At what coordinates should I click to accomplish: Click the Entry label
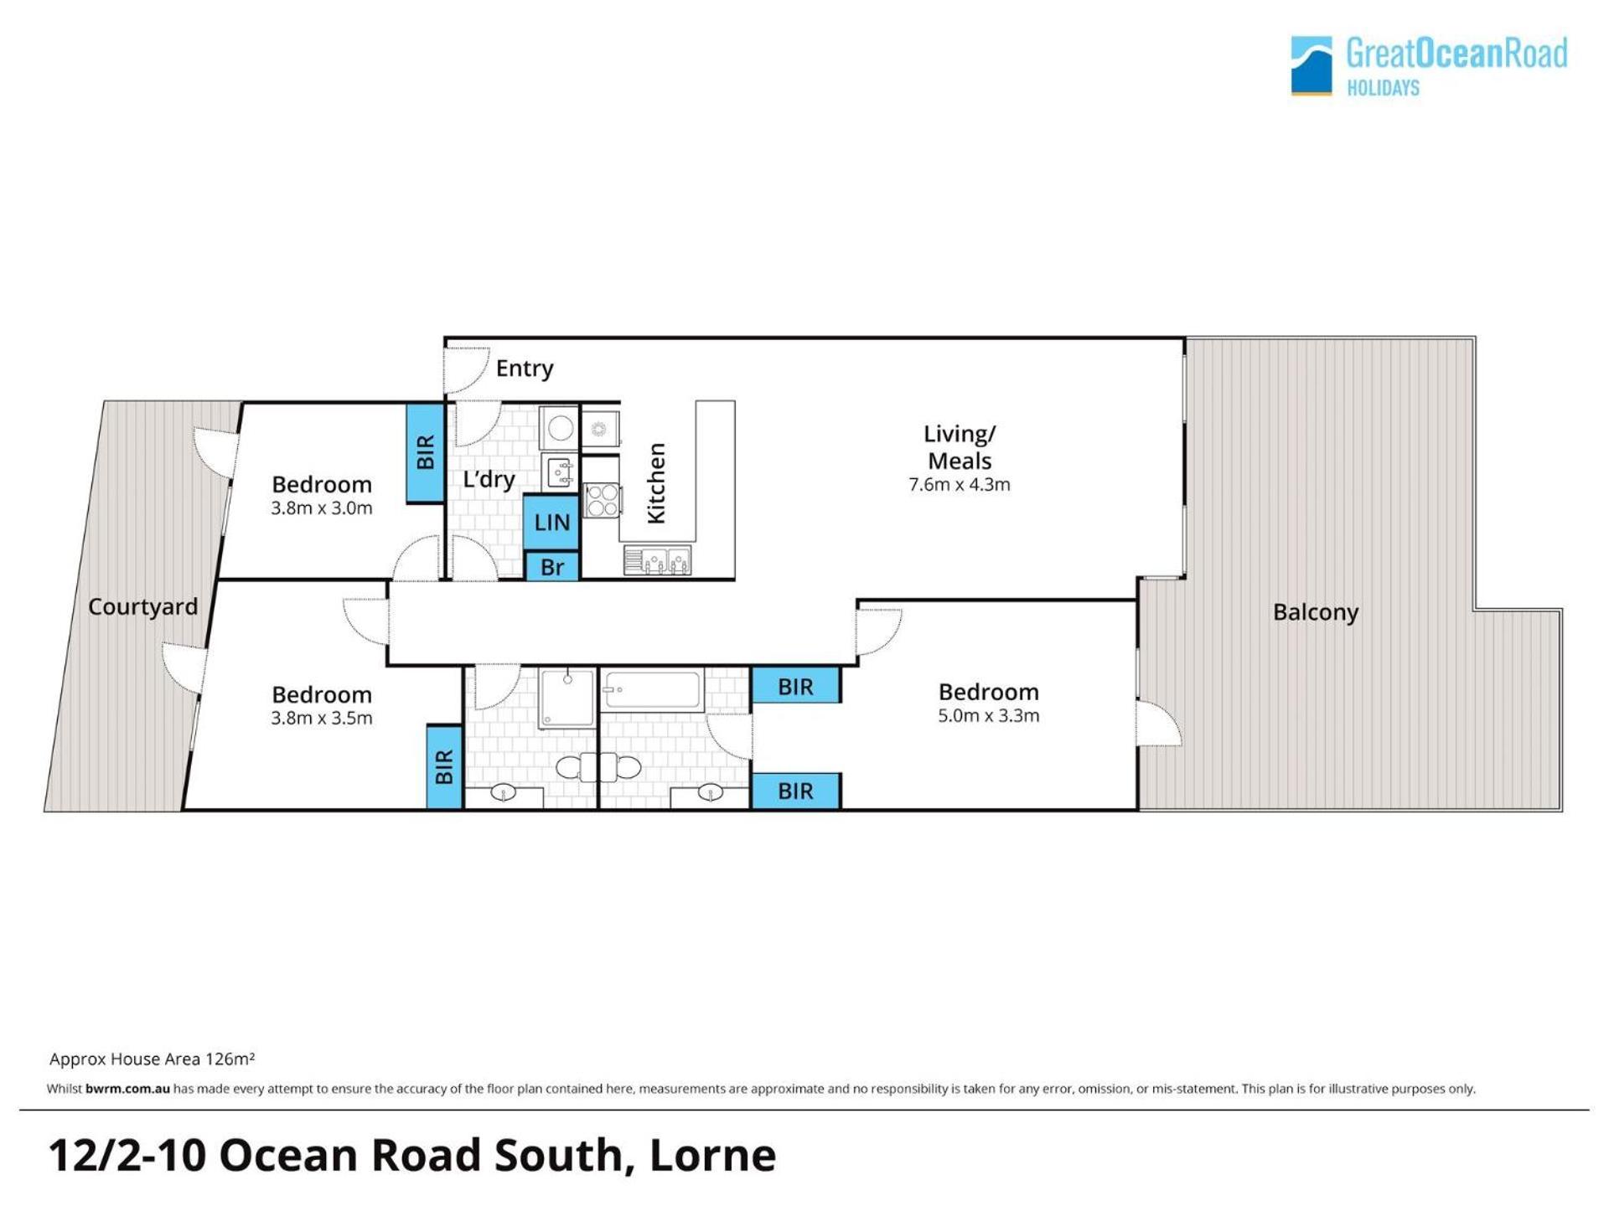point(524,368)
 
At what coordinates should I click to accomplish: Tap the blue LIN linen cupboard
point(551,522)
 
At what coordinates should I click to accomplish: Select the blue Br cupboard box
point(551,567)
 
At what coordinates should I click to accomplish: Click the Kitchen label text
point(656,483)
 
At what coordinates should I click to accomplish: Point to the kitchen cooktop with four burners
point(601,500)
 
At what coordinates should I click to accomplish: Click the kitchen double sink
point(657,560)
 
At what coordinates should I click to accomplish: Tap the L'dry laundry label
point(489,479)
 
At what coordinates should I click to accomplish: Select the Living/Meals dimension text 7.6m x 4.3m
point(960,484)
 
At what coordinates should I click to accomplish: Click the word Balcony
point(1316,612)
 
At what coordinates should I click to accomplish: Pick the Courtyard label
point(143,606)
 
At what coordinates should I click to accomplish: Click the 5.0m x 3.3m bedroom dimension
point(989,715)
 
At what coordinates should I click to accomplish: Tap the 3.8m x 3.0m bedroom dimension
point(322,508)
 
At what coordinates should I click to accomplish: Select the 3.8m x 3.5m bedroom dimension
point(322,718)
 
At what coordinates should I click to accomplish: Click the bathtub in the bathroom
point(652,691)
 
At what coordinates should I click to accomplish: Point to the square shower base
point(567,698)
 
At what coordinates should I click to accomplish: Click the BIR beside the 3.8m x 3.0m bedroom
point(425,453)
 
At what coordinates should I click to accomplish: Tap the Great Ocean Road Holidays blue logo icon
point(1312,65)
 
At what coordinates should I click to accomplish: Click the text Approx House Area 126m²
point(152,1059)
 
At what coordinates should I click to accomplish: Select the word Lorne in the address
point(712,1155)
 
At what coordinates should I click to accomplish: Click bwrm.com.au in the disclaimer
point(127,1089)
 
